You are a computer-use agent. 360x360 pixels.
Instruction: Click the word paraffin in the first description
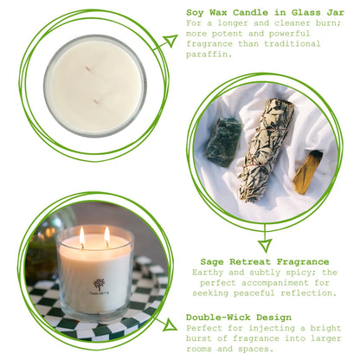click(x=209, y=54)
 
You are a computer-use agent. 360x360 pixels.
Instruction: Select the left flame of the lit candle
click(x=82, y=235)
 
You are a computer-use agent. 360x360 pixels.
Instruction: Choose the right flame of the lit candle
click(x=107, y=235)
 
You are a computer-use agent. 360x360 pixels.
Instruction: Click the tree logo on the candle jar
click(x=99, y=285)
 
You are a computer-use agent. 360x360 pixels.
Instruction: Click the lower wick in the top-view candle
click(x=95, y=101)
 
